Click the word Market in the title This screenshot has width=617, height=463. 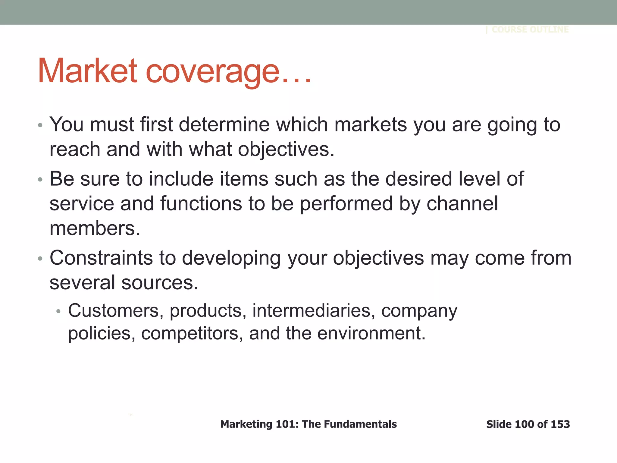coord(87,71)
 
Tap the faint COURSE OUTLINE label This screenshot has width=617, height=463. coord(530,30)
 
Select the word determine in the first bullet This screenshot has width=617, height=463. coord(224,124)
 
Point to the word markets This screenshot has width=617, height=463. coord(371,124)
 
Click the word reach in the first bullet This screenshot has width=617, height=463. coord(75,149)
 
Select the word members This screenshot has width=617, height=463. coord(95,228)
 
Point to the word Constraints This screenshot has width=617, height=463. coord(101,258)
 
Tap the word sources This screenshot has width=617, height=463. coord(160,283)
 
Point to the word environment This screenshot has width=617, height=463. coord(371,334)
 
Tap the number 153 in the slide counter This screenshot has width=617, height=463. coord(560,424)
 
